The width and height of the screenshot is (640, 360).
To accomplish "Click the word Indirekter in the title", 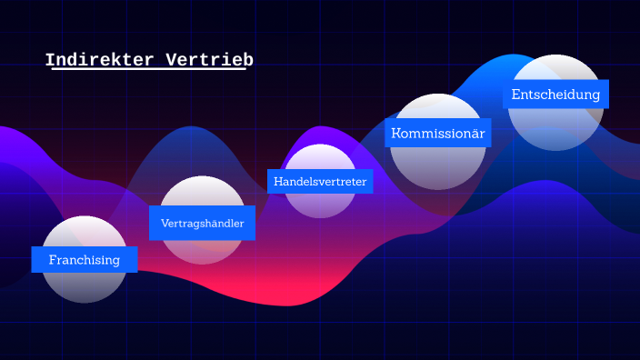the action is (x=100, y=60).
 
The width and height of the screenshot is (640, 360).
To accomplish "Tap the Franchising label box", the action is (x=85, y=259).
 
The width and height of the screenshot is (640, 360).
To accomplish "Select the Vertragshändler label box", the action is (x=202, y=223).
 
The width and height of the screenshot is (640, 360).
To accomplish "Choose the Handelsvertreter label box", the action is (x=320, y=182).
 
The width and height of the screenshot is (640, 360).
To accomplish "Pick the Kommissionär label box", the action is (x=437, y=133).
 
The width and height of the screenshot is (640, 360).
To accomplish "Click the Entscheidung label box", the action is (x=555, y=95).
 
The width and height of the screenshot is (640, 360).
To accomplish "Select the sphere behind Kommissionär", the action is (x=437, y=164).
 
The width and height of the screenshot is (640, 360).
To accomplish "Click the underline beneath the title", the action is (x=145, y=70).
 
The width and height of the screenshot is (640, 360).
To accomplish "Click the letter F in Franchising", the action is (x=53, y=259).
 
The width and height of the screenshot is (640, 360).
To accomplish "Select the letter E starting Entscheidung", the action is (x=515, y=95).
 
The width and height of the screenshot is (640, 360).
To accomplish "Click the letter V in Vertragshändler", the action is (x=165, y=223).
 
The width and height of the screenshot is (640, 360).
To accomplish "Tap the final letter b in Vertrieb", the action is (x=248, y=60).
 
